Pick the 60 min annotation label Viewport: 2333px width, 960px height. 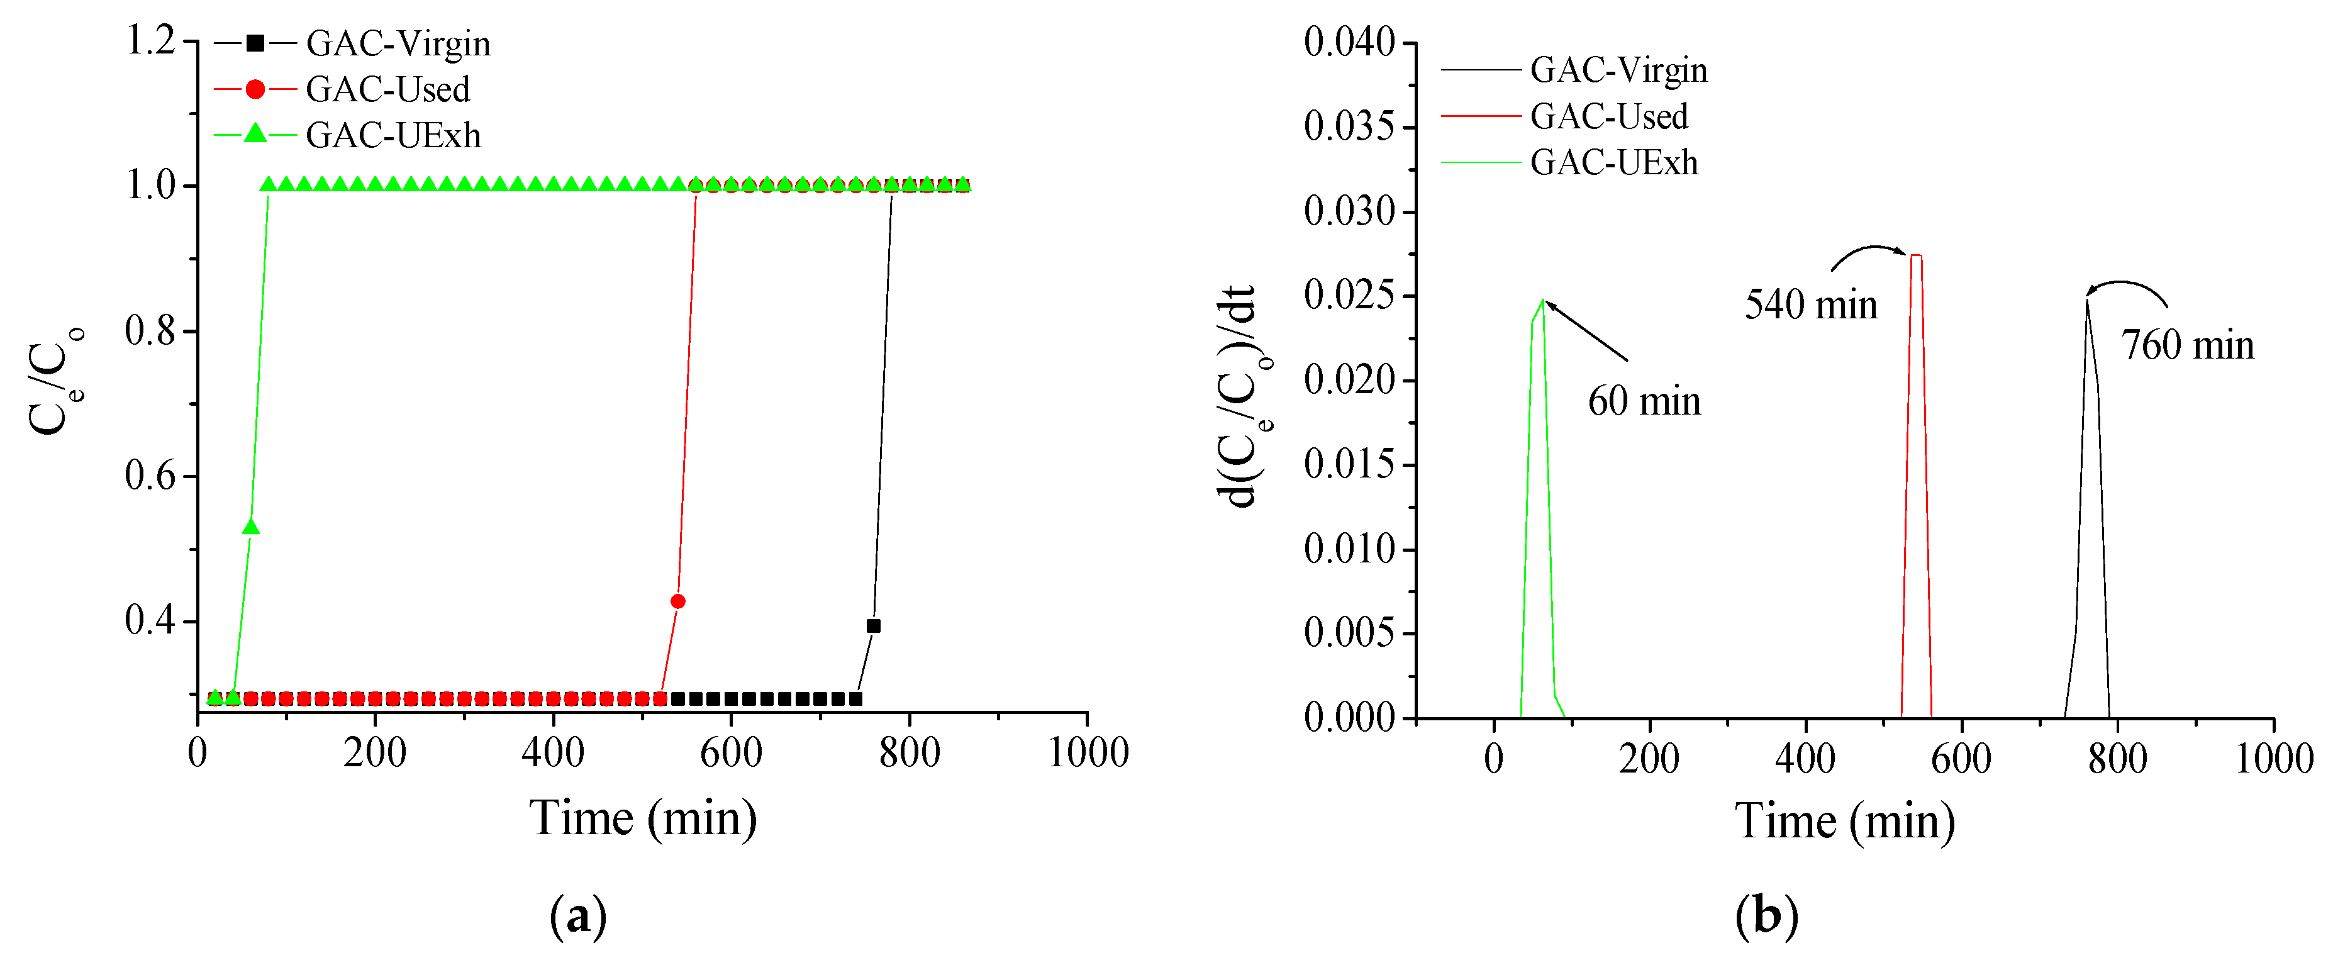click(1644, 401)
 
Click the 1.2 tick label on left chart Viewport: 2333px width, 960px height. click(150, 41)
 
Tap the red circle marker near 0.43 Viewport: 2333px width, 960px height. click(677, 601)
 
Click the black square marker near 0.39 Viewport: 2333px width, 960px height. click(873, 626)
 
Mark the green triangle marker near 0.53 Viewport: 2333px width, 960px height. click(251, 528)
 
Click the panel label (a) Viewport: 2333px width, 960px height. click(578, 917)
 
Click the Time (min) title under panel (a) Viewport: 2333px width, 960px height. click(643, 818)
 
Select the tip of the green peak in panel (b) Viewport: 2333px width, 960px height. click(1542, 300)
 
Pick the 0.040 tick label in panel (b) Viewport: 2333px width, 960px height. click(1349, 43)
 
